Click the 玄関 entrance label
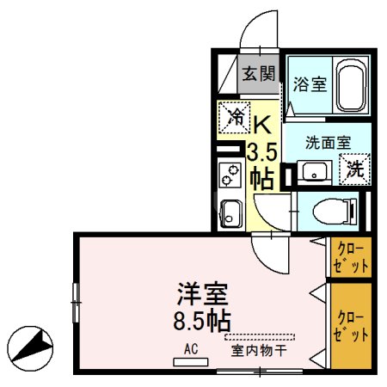(258, 74)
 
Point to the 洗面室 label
(328, 142)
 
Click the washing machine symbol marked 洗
(354, 169)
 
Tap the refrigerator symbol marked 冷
(233, 118)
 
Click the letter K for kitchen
(261, 125)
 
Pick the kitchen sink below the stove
(230, 211)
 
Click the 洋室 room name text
(203, 296)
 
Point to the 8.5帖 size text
(203, 323)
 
